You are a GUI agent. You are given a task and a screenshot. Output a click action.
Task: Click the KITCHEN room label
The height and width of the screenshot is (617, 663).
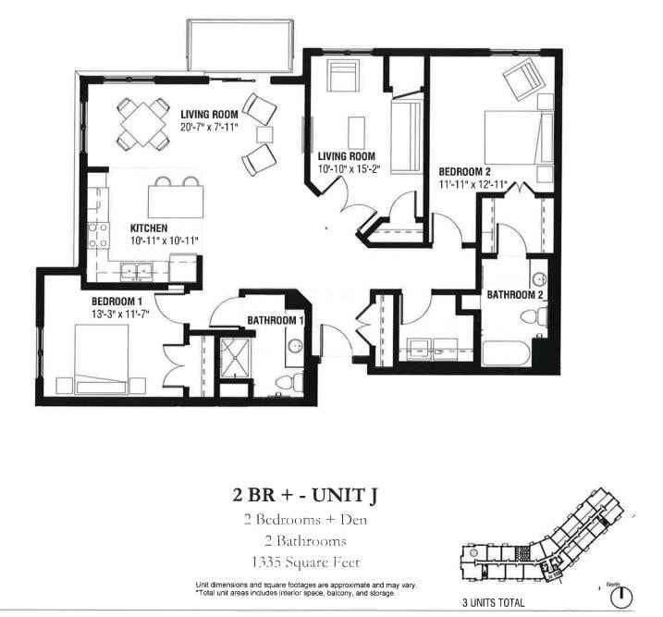click(x=149, y=228)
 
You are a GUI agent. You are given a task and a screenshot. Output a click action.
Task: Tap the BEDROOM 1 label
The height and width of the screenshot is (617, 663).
click(x=117, y=302)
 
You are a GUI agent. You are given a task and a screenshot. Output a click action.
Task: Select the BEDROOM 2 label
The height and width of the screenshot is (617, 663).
click(x=464, y=172)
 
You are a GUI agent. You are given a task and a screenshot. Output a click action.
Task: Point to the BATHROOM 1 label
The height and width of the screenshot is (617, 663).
click(x=276, y=320)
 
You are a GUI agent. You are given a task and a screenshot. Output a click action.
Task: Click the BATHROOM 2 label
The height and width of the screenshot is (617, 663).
click(x=514, y=294)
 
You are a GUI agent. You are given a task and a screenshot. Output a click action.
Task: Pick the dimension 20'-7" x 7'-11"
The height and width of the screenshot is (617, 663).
click(x=209, y=126)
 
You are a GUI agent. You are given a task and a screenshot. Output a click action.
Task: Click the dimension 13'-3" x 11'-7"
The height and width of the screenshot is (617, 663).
click(x=121, y=315)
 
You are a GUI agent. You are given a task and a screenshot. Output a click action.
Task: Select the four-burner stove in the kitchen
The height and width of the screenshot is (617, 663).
click(x=98, y=236)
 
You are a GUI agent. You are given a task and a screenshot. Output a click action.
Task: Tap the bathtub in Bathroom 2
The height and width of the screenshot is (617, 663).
click(x=507, y=352)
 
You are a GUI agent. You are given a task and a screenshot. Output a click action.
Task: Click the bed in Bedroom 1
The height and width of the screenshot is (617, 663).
click(x=102, y=360)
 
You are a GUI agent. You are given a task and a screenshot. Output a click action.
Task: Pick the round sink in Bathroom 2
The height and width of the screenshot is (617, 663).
click(x=539, y=279)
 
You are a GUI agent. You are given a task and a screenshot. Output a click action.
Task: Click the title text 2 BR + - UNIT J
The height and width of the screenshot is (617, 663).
click(x=305, y=495)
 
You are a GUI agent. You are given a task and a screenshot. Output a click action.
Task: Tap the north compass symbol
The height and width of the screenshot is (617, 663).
click(x=621, y=598)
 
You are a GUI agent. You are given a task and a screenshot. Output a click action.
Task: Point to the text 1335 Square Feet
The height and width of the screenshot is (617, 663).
click(x=305, y=562)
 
